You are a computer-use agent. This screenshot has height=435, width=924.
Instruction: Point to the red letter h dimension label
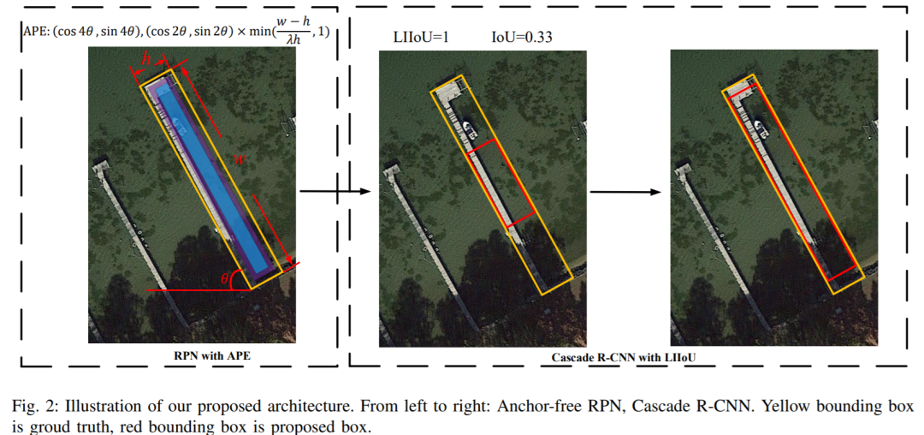coord(146,59)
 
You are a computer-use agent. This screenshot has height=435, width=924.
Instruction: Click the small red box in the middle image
coord(500,182)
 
